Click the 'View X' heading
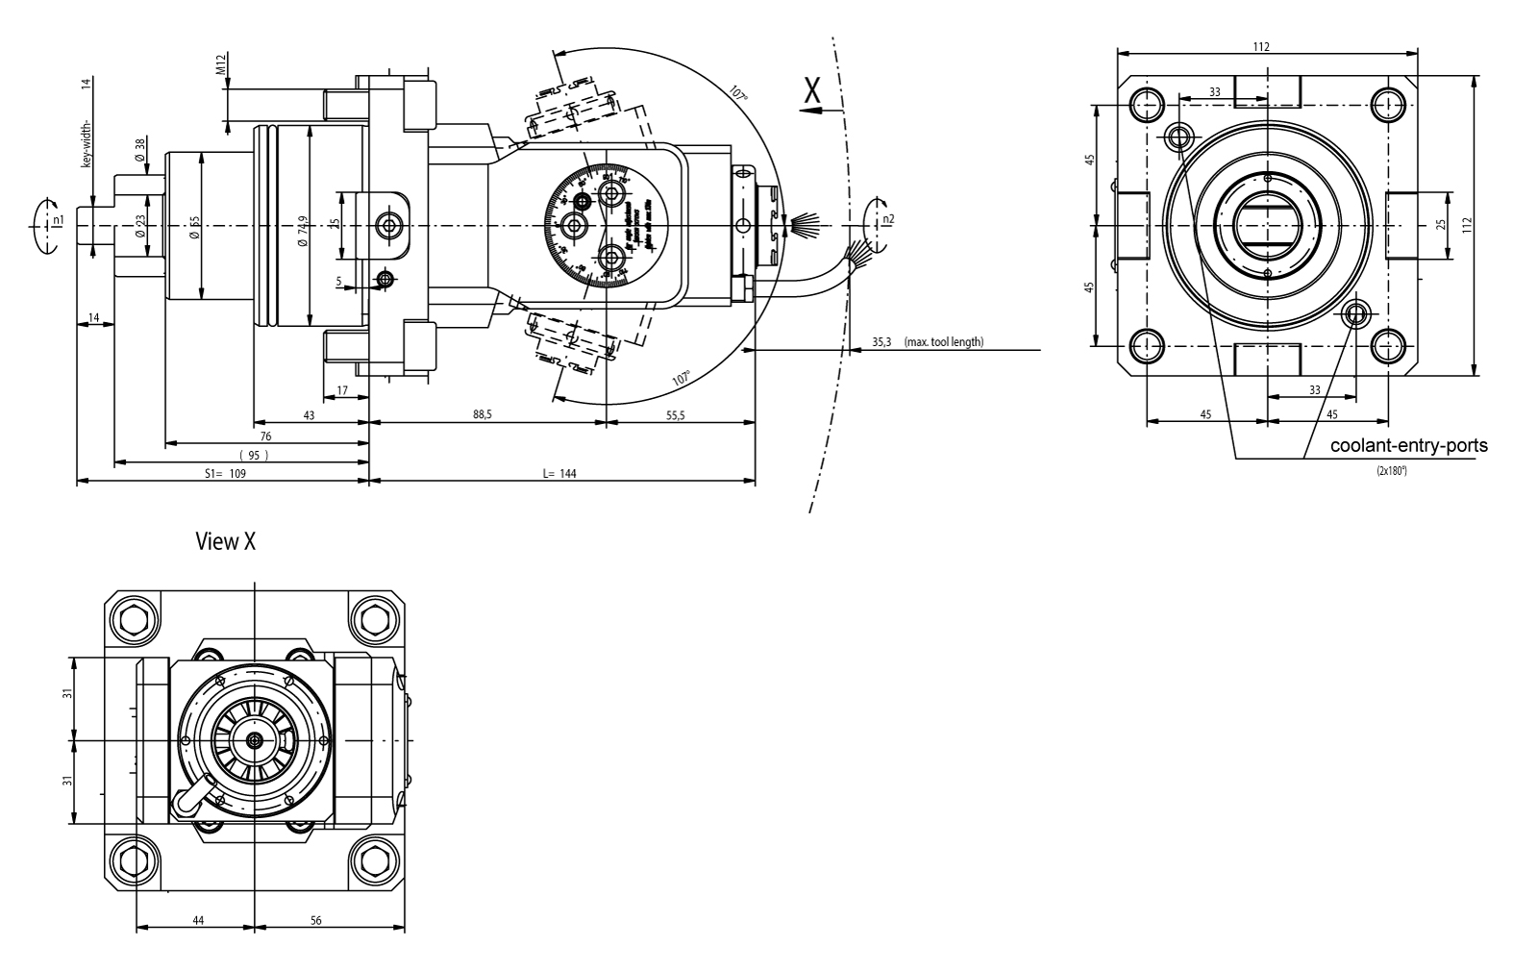226,542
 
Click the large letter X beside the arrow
813,90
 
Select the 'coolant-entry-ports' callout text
1408,446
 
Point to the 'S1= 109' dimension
226,474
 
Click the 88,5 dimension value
483,414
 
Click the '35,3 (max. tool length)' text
927,341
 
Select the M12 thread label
221,65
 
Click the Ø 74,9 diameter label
302,231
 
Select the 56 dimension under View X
316,920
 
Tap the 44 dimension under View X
198,920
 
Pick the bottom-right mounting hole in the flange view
1388,345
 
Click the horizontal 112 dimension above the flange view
1261,46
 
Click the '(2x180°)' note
1391,471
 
